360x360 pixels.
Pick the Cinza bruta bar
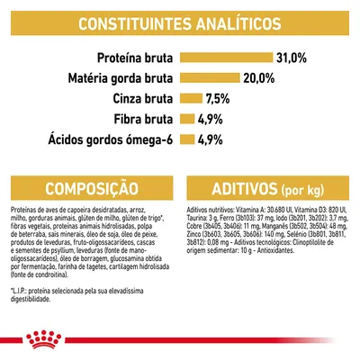pyautogui.click(x=191, y=97)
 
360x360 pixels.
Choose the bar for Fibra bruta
pyautogui.click(x=187, y=117)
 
